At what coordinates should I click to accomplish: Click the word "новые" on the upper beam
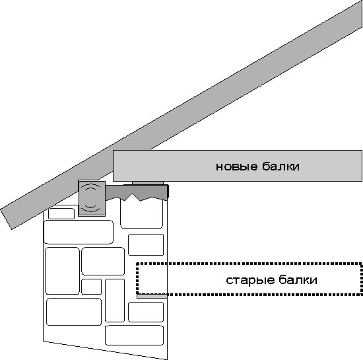point(236,166)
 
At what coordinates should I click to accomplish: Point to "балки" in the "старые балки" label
point(298,279)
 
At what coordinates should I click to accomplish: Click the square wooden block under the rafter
point(92,199)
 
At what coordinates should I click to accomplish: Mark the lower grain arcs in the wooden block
point(91,208)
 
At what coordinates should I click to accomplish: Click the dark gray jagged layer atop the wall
point(137,192)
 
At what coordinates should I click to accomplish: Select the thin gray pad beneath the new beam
point(148,183)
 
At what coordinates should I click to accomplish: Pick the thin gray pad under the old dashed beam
point(152,296)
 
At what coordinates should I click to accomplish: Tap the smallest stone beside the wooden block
point(61,213)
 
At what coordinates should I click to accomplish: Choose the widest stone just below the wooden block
point(79,232)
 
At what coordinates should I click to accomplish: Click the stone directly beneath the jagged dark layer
point(141,214)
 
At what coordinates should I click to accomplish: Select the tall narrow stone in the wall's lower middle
point(115,301)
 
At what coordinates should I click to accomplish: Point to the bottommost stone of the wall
point(134,335)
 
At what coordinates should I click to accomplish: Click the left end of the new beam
point(114,166)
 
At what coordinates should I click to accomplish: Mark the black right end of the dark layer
point(168,192)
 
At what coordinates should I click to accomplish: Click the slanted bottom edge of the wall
point(106,351)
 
